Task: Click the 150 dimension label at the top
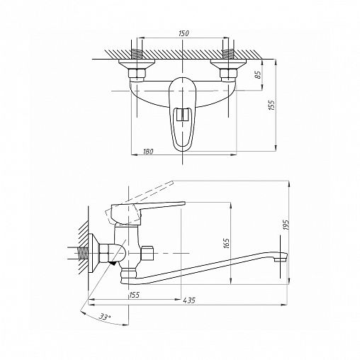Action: click(184, 33)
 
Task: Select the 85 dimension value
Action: click(258, 74)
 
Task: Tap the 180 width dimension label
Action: click(148, 151)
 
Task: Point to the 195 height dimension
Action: click(286, 225)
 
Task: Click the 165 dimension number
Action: click(226, 244)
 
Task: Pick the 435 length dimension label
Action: click(189, 300)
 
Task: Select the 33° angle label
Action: click(105, 317)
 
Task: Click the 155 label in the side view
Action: click(134, 295)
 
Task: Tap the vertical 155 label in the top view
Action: click(272, 105)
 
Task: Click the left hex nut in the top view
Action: click(137, 73)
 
